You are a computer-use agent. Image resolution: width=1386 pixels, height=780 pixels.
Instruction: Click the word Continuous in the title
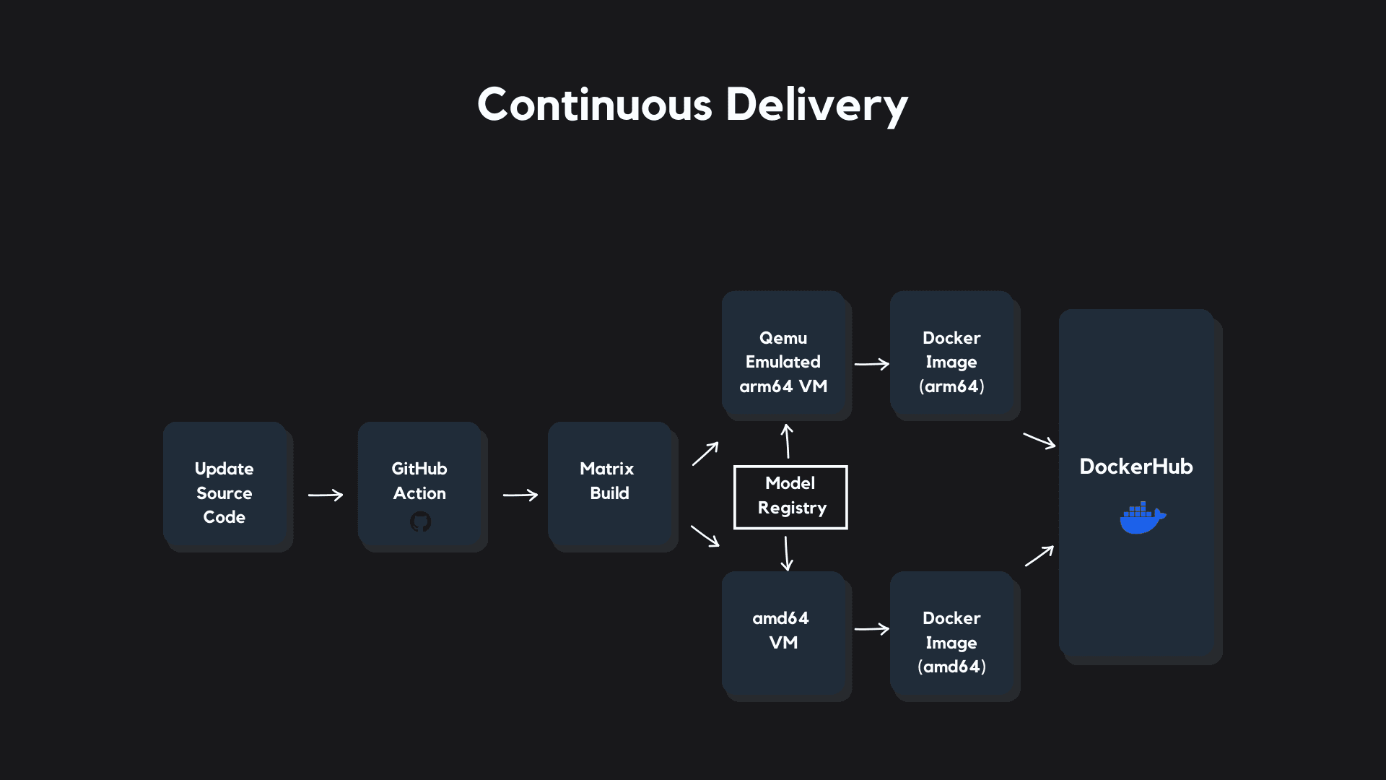click(594, 105)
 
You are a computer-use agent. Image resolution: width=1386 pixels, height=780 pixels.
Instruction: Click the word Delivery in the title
click(816, 105)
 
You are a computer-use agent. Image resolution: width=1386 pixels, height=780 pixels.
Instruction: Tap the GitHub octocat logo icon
click(420, 521)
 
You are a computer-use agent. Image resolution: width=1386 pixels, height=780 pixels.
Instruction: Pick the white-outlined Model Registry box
click(790, 497)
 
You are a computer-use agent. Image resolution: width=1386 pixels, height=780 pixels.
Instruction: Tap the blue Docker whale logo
click(1142, 518)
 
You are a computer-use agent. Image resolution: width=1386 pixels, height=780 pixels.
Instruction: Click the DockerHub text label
click(1136, 467)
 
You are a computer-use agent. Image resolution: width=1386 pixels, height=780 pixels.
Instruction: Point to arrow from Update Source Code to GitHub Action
click(326, 495)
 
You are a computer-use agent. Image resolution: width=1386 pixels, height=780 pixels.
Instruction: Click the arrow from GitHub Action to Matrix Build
click(520, 495)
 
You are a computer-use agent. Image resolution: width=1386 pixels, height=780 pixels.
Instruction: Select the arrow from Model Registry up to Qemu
click(788, 441)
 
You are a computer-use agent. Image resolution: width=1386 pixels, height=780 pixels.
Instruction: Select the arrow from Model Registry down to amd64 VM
click(787, 553)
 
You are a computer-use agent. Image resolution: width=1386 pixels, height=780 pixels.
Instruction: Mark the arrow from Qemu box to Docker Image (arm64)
click(872, 364)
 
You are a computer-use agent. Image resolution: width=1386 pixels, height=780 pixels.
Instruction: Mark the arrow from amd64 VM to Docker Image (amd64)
click(872, 629)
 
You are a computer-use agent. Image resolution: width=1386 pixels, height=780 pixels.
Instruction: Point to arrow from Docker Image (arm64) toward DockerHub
click(1039, 441)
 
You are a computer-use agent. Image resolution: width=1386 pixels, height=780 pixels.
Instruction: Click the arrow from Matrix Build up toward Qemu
click(705, 454)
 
